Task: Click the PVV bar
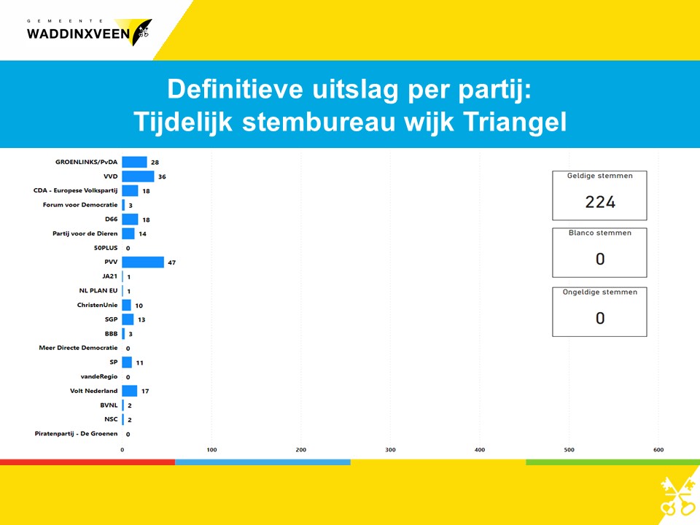tap(143, 262)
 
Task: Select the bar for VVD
tap(138, 176)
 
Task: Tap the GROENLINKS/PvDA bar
tap(134, 162)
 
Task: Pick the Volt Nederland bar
tap(130, 391)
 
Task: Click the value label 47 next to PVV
tap(172, 262)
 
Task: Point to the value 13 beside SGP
tap(141, 319)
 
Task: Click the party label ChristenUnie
tap(97, 305)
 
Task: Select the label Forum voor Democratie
tap(80, 205)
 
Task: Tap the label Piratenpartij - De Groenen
tap(77, 433)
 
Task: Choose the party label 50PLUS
tap(106, 248)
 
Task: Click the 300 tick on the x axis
tap(390, 450)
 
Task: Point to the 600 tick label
tap(658, 450)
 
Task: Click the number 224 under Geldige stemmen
tap(600, 202)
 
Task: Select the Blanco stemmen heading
tap(600, 233)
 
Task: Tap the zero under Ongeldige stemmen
tap(600, 318)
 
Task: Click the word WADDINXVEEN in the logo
tap(78, 34)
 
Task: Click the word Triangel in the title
tap(514, 122)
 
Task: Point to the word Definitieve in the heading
tap(236, 89)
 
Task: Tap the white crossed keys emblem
tap(677, 497)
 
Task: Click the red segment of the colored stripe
tap(87, 462)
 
